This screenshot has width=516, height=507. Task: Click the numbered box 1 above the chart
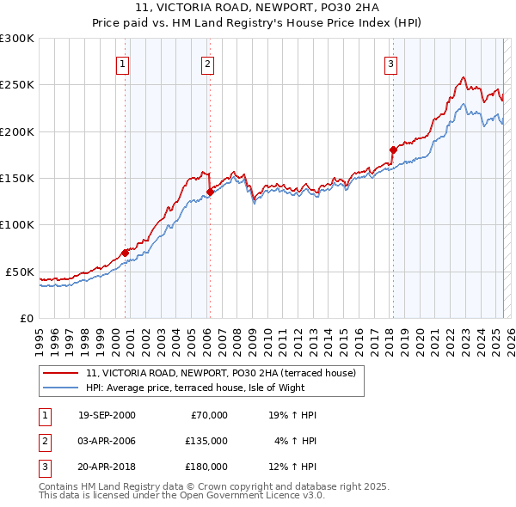123,63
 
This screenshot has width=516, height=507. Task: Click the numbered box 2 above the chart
208,63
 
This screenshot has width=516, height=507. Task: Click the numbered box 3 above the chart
390,63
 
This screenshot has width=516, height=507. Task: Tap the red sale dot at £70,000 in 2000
126,253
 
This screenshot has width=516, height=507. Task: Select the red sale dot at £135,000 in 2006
210,192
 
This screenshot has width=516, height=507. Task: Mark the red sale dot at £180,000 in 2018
393,150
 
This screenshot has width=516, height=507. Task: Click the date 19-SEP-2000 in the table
107,415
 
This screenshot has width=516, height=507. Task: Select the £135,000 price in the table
206,441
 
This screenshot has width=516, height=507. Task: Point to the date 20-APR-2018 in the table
107,467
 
